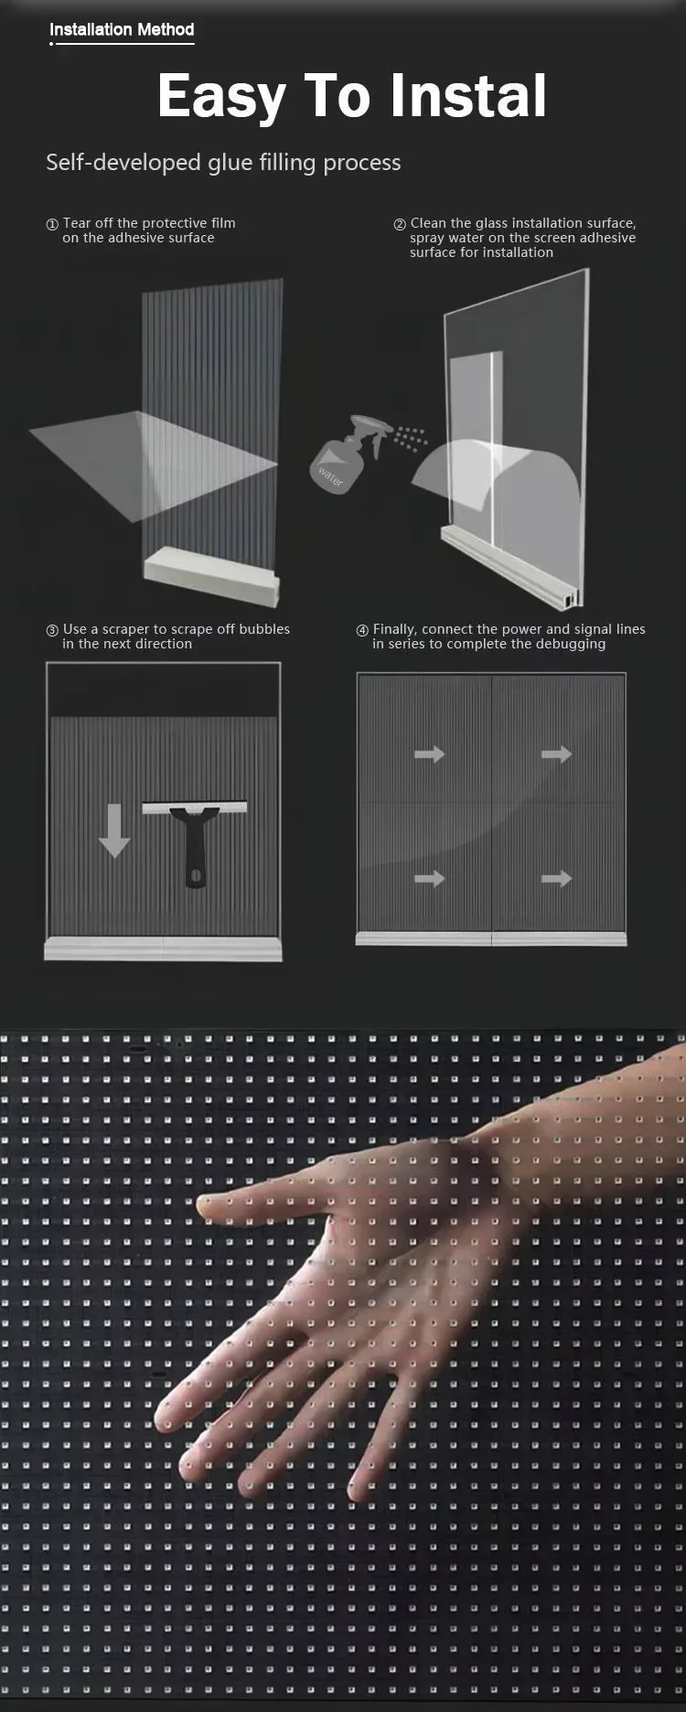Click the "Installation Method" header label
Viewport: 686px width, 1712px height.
(x=122, y=29)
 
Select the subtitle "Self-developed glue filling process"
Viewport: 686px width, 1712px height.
(x=223, y=163)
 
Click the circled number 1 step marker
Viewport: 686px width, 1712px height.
(x=52, y=224)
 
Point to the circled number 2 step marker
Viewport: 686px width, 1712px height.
(x=400, y=224)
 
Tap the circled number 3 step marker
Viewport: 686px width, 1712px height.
(x=52, y=630)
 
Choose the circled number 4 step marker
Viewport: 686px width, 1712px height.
(x=362, y=630)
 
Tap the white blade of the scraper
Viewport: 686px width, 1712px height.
(x=194, y=808)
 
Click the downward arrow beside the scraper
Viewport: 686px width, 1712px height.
(x=114, y=830)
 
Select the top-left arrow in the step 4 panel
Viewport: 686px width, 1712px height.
(x=429, y=754)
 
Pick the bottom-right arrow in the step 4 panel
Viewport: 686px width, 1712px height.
(x=556, y=879)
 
